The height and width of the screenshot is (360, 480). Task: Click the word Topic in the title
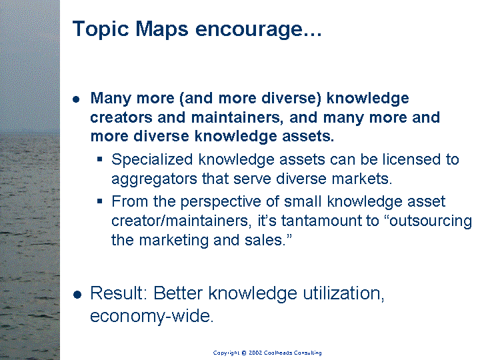(101, 30)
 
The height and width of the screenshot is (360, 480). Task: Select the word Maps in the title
(161, 30)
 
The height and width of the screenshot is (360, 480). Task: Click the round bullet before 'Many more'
(76, 99)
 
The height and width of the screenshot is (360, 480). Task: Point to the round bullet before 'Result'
(77, 295)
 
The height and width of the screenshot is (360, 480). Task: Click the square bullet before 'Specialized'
(100, 159)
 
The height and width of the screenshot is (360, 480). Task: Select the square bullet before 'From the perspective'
(100, 201)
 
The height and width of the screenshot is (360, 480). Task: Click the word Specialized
(152, 160)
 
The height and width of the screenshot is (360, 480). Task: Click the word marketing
(173, 241)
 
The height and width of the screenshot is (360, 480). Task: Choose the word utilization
(343, 293)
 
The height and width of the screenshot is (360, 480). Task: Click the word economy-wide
(151, 316)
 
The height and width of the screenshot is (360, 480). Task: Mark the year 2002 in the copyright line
(255, 353)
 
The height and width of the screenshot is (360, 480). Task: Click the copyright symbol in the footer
(244, 353)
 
